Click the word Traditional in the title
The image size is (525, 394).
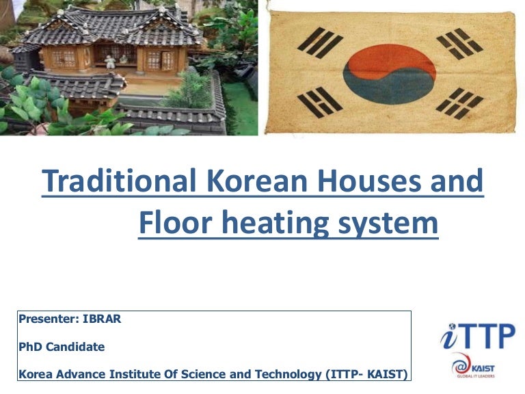[115, 181]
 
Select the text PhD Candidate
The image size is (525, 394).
[62, 347]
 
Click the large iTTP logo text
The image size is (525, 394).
[477, 336]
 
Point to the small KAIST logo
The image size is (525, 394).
[473, 366]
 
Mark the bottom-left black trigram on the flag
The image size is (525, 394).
[321, 102]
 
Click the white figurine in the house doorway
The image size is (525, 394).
[110, 61]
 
